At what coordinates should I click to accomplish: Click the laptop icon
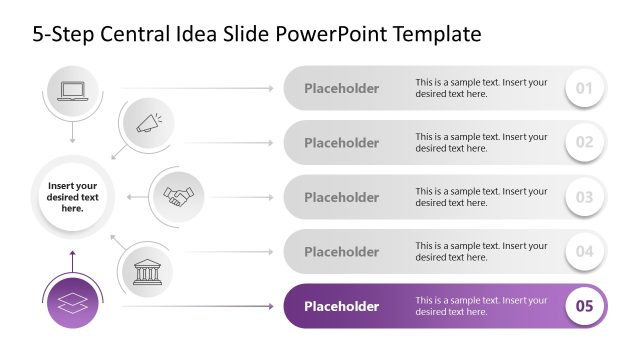pyautogui.click(x=72, y=90)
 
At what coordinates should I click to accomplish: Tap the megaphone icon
pyautogui.click(x=148, y=124)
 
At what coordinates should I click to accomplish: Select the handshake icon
pyautogui.click(x=179, y=196)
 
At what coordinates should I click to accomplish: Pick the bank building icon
pyautogui.click(x=147, y=270)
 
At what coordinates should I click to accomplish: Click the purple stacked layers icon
pyautogui.click(x=72, y=304)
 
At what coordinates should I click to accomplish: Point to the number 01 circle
pyautogui.click(x=585, y=89)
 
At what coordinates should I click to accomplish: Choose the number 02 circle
pyautogui.click(x=585, y=143)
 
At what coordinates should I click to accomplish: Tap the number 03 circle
pyautogui.click(x=585, y=197)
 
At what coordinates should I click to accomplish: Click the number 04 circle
pyautogui.click(x=585, y=251)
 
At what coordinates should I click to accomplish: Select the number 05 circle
pyautogui.click(x=585, y=306)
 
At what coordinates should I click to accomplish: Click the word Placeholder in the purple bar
pyautogui.click(x=342, y=306)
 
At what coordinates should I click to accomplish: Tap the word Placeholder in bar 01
pyautogui.click(x=342, y=88)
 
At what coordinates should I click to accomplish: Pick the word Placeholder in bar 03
pyautogui.click(x=342, y=197)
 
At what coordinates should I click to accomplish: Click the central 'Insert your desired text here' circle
pyautogui.click(x=72, y=197)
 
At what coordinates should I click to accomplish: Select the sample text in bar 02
pyautogui.click(x=481, y=143)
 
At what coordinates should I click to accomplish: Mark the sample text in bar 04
pyautogui.click(x=481, y=251)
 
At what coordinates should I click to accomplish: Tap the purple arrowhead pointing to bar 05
pyautogui.click(x=270, y=306)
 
